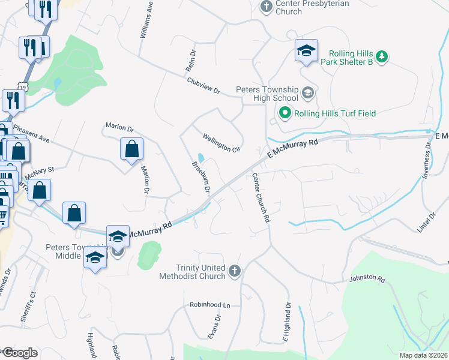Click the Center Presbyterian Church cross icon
[266, 7]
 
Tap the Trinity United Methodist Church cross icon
[234, 272]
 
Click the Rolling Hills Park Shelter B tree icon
[381, 56]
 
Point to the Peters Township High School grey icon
[307, 92]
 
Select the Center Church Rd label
[260, 198]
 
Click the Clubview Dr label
[203, 86]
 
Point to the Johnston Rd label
[367, 278]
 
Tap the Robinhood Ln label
[210, 305]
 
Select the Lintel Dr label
[427, 222]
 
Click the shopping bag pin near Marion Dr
[131, 149]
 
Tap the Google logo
[19, 353]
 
